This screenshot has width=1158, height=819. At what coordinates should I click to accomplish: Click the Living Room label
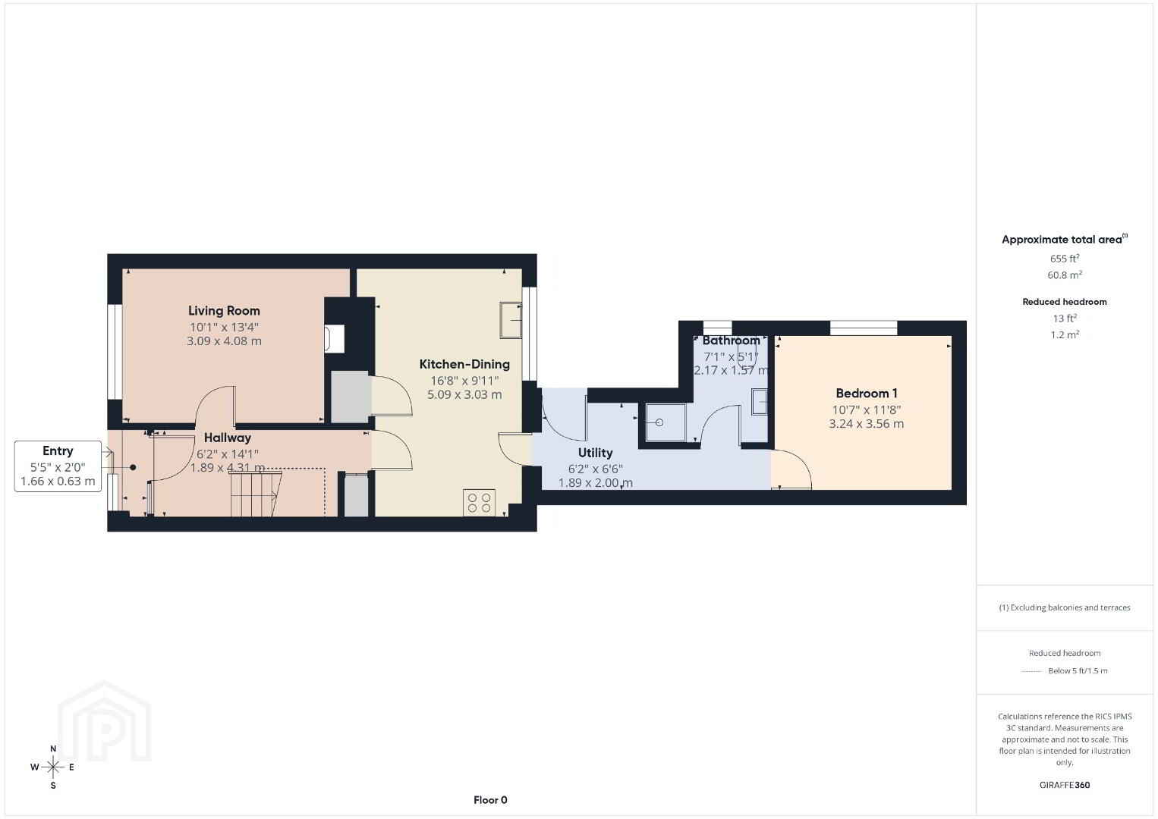click(x=224, y=311)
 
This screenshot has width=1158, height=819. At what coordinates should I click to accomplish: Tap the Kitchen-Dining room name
click(x=464, y=364)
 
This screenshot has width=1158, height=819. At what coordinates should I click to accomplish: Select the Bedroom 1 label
click(x=867, y=394)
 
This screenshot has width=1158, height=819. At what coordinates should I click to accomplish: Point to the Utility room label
click(x=595, y=453)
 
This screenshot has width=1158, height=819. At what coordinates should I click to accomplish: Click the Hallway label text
click(x=228, y=438)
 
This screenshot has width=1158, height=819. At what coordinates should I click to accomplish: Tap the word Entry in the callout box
click(x=58, y=450)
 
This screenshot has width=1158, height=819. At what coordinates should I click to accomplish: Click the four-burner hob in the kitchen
click(x=479, y=503)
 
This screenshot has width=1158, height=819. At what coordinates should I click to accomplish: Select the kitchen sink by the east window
click(x=511, y=320)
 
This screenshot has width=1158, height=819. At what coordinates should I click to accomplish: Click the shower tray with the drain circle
click(x=666, y=422)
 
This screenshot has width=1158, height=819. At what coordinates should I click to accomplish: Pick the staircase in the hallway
click(x=256, y=494)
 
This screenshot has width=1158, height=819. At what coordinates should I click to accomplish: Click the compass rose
click(x=52, y=767)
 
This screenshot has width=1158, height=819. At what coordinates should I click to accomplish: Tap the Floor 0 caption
click(x=490, y=800)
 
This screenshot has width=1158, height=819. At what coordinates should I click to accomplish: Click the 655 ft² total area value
click(x=1065, y=259)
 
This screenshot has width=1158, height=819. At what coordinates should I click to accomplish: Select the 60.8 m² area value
click(x=1065, y=275)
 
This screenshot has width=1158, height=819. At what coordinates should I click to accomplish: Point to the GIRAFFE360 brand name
click(x=1065, y=785)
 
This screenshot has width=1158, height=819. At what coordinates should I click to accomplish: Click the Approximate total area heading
click(x=1065, y=239)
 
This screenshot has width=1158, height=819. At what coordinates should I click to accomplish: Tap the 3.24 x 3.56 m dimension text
click(x=867, y=424)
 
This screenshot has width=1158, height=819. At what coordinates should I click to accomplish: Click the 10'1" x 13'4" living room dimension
click(x=224, y=327)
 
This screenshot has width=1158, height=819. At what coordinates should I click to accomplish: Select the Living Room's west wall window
click(x=115, y=352)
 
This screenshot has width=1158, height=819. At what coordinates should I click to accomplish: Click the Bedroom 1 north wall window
click(x=864, y=328)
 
